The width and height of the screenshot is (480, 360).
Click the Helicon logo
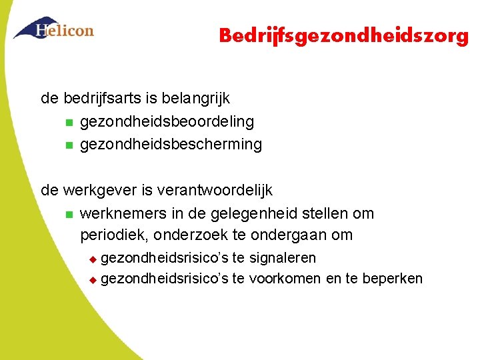pos(53,29)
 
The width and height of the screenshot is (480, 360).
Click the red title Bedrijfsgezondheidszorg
pos(344,35)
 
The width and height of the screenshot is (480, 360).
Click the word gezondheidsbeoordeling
pos(167,121)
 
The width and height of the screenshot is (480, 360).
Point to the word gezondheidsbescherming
pos(171,144)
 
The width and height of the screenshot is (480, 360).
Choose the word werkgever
pos(100,191)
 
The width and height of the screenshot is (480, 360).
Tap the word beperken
pos(393,278)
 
